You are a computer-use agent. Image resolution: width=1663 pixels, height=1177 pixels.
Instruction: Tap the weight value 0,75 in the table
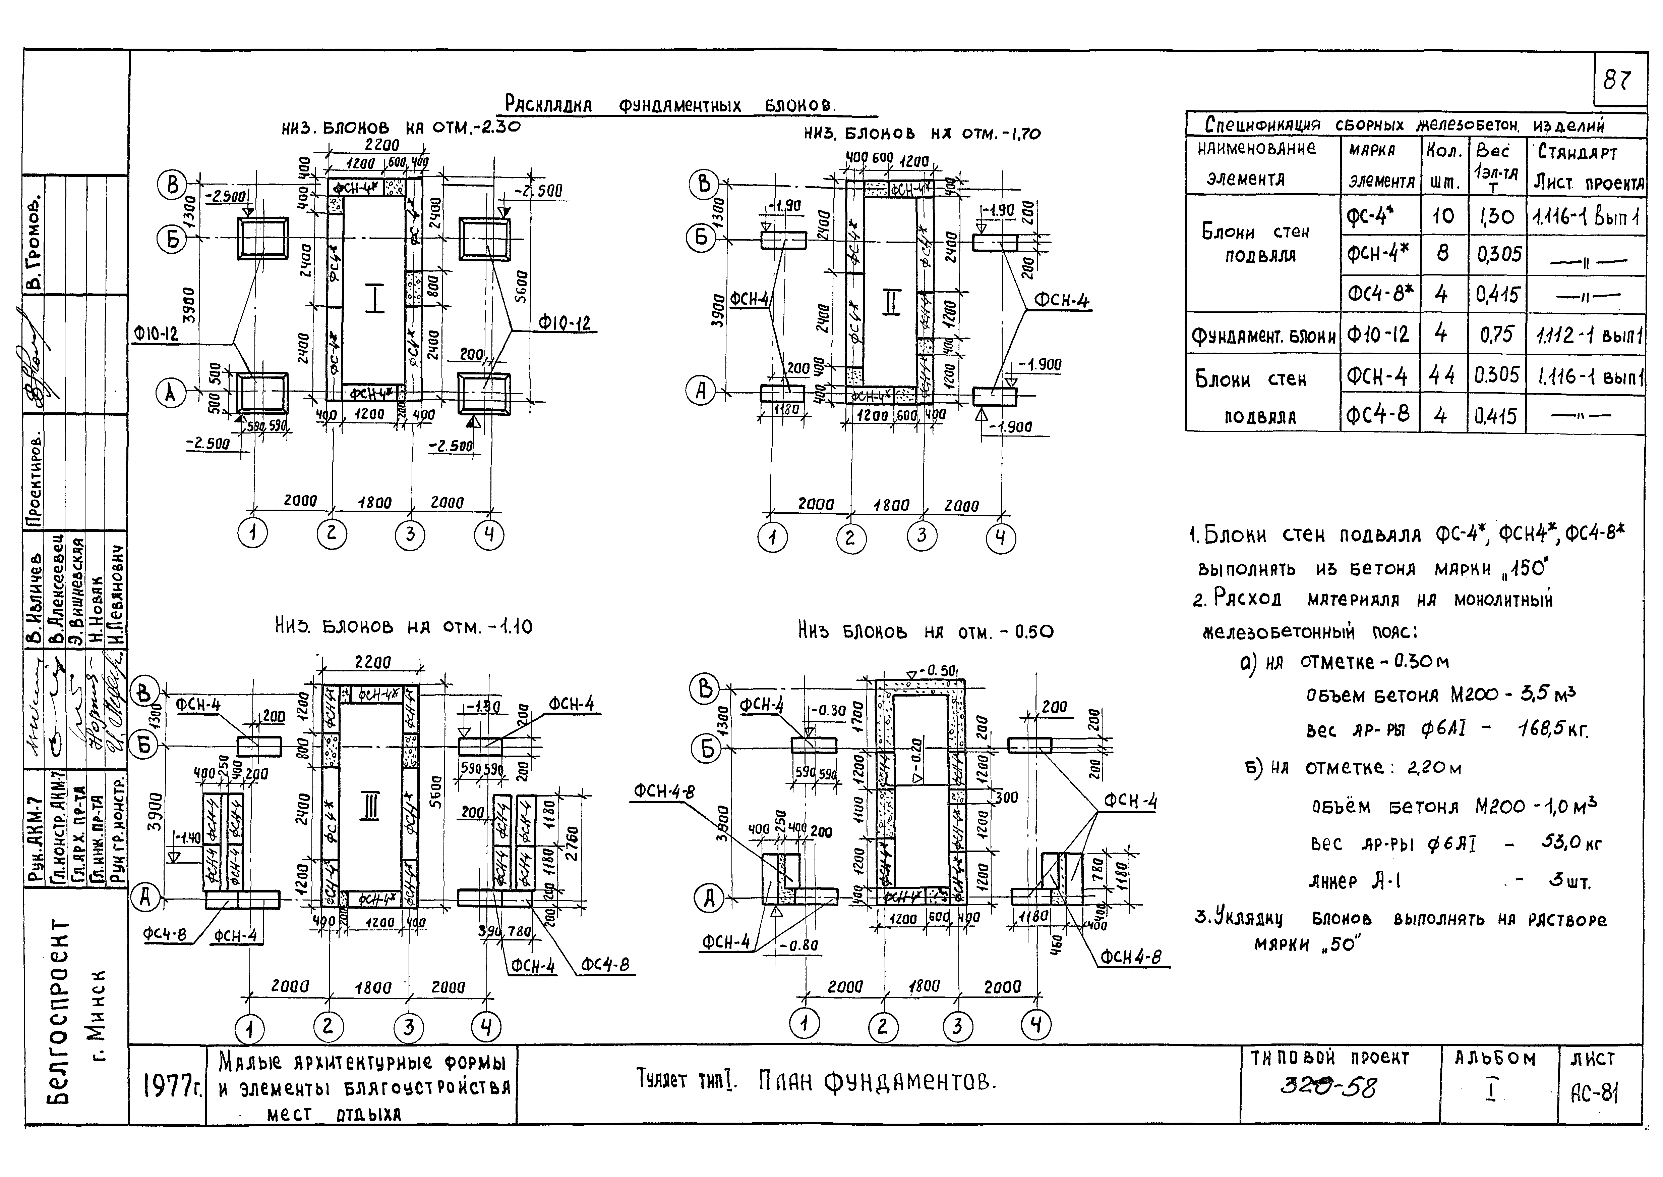click(x=1496, y=334)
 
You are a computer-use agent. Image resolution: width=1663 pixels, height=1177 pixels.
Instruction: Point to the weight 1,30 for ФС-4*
click(x=1496, y=216)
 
